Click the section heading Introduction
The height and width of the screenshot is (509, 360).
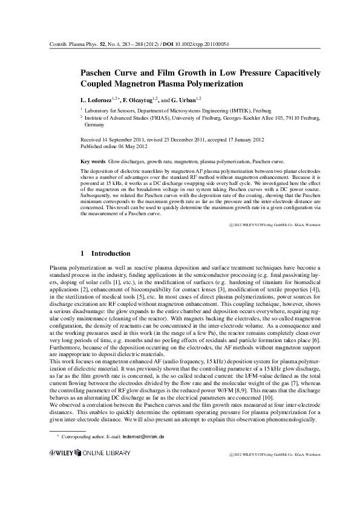click(x=110, y=253)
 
